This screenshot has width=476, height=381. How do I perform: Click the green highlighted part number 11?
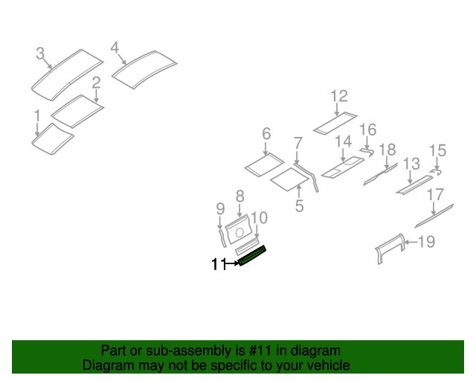point(252,255)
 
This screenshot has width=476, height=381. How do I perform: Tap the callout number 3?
point(40,54)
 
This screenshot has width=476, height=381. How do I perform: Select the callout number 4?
point(115,48)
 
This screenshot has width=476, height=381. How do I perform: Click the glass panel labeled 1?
point(52,139)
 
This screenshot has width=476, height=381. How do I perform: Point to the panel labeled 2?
point(77,111)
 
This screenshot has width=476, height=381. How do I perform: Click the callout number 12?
point(339,96)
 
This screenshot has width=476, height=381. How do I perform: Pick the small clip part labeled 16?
point(367,152)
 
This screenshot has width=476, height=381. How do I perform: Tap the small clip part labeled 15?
point(436,173)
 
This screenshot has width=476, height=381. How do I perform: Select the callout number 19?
point(426,242)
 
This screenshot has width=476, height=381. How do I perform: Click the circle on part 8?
point(239,233)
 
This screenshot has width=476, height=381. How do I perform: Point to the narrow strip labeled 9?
point(222,238)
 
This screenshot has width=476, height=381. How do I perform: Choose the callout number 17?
point(435,195)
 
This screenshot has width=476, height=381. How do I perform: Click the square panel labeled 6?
point(265,164)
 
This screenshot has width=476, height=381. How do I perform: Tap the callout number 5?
point(299,205)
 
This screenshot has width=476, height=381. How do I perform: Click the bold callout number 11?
point(219,264)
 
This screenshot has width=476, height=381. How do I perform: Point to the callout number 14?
point(344,141)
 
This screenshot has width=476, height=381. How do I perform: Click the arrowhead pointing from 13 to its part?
point(410,182)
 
